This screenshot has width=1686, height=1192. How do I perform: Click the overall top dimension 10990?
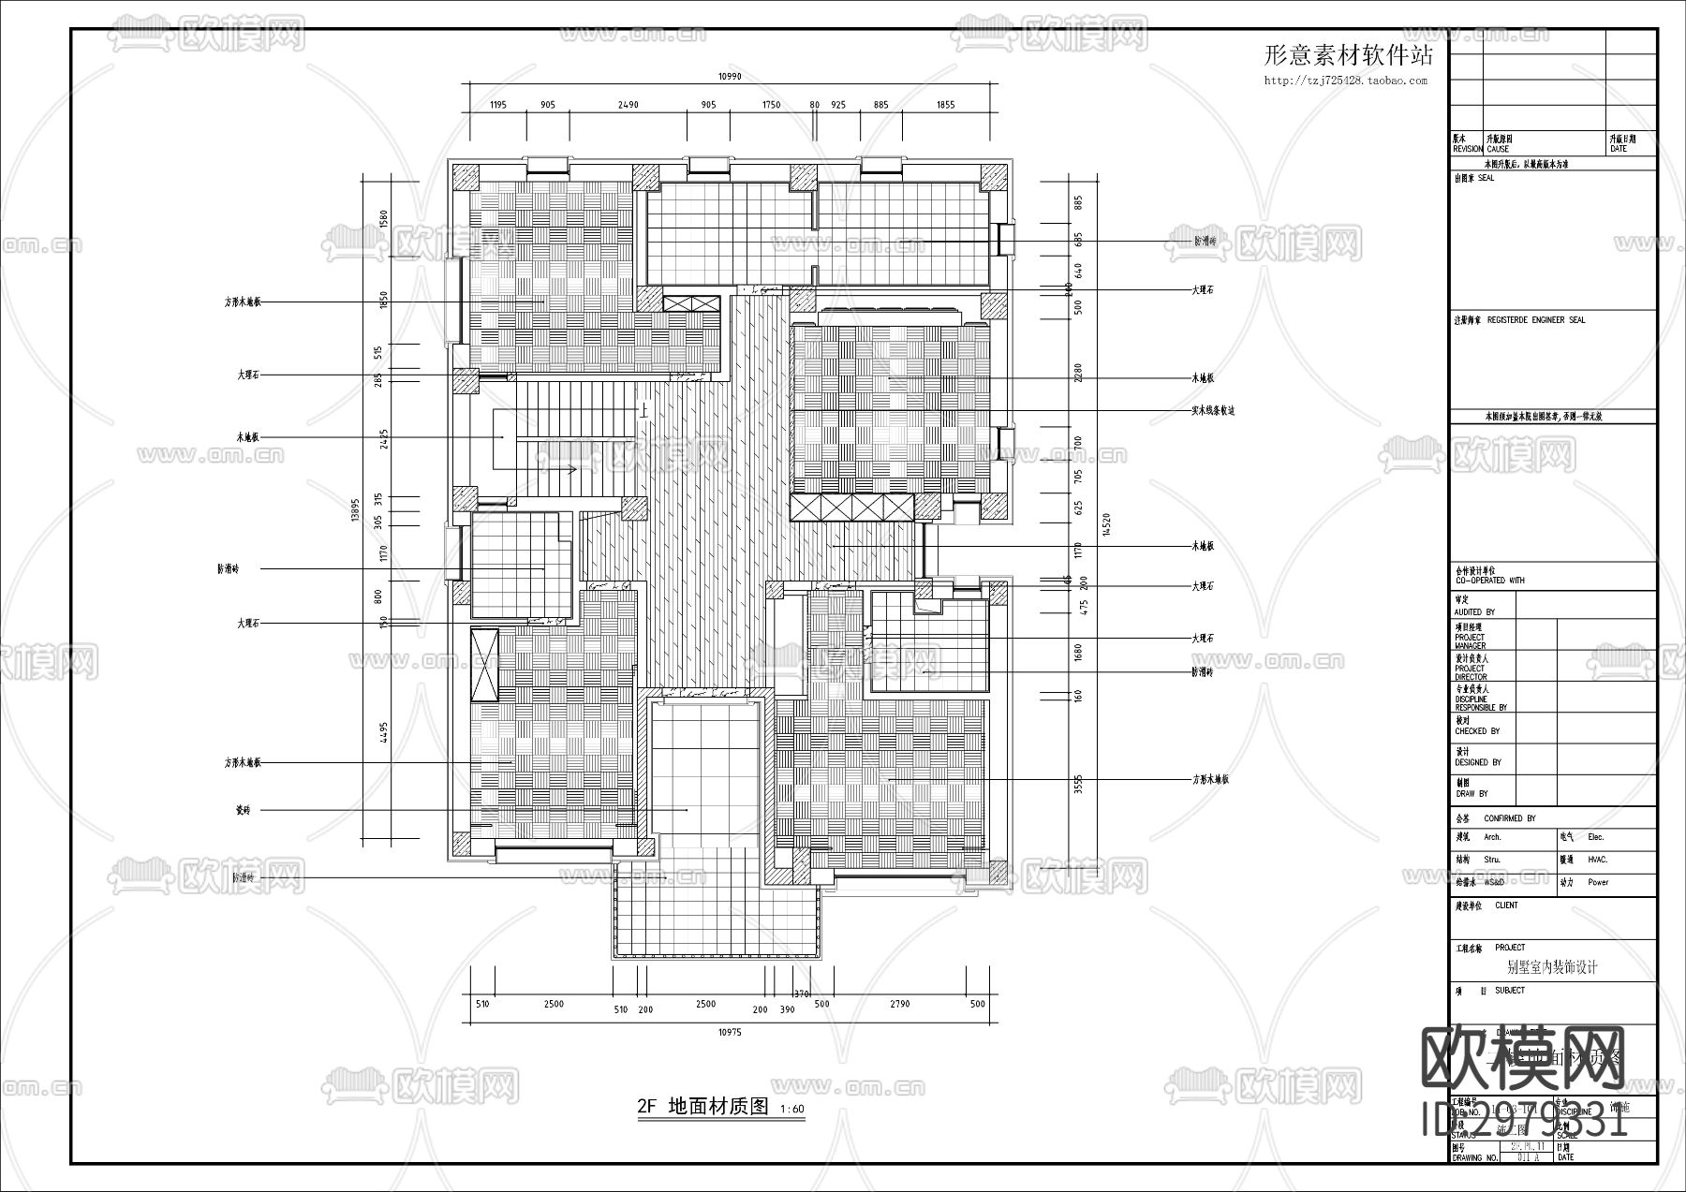pyautogui.click(x=730, y=77)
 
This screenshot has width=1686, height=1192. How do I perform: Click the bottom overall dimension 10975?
pyautogui.click(x=730, y=1032)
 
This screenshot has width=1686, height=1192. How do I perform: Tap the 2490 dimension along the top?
pyautogui.click(x=628, y=105)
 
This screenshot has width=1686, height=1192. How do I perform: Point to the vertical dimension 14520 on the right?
pyautogui.click(x=1106, y=525)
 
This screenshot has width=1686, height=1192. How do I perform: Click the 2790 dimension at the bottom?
pyautogui.click(x=899, y=1004)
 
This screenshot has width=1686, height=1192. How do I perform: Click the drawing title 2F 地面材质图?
pyautogui.click(x=702, y=1107)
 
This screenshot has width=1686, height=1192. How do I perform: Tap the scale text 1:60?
pyautogui.click(x=791, y=1110)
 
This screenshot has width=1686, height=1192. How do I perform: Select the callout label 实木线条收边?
pyautogui.click(x=1213, y=410)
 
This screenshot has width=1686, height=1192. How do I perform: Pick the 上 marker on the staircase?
pyautogui.click(x=643, y=409)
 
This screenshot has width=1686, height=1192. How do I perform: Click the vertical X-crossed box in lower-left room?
pyautogui.click(x=485, y=665)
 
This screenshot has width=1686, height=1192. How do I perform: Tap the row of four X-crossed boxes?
pyautogui.click(x=851, y=508)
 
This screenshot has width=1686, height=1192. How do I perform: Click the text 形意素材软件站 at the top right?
pyautogui.click(x=1348, y=55)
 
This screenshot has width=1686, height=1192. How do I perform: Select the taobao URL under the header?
pyautogui.click(x=1346, y=81)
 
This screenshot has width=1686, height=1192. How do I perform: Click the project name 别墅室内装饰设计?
pyautogui.click(x=1552, y=967)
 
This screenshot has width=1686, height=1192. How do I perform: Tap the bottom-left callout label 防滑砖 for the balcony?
pyautogui.click(x=244, y=877)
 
